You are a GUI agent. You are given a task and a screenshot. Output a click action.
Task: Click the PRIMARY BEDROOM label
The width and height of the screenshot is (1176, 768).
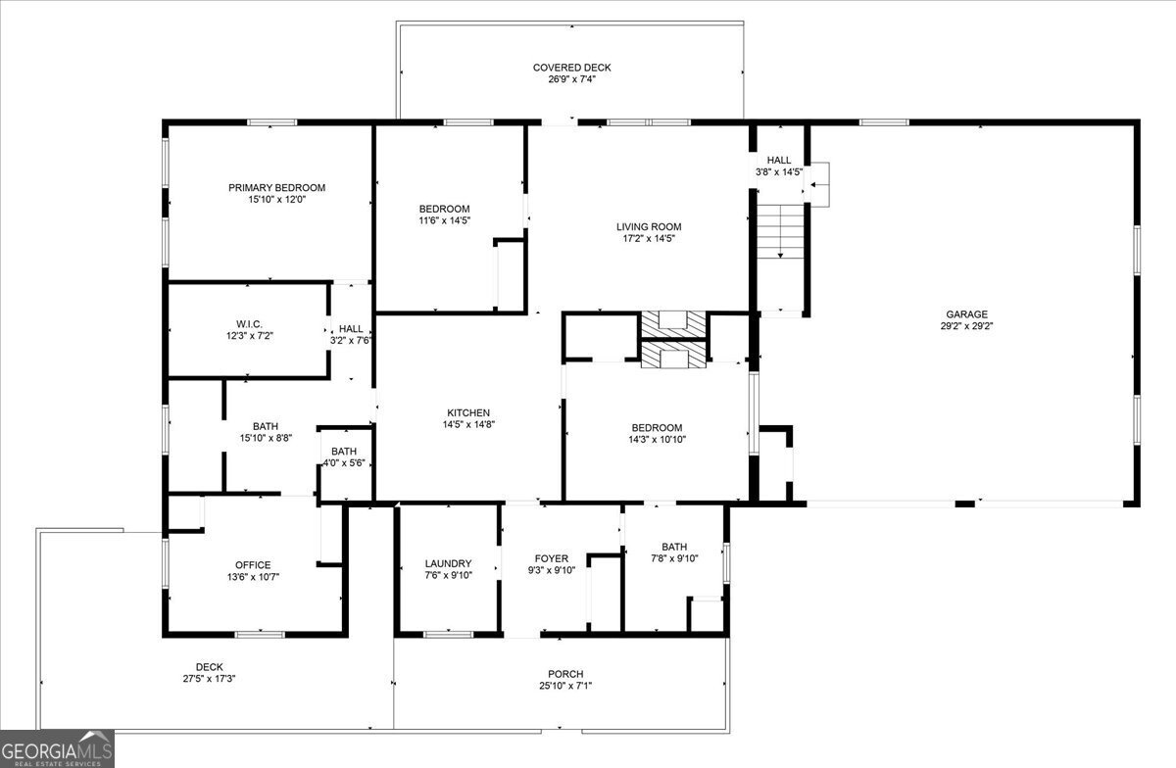pos(276,187)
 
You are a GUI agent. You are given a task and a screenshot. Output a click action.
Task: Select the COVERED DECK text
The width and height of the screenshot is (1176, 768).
pos(571,68)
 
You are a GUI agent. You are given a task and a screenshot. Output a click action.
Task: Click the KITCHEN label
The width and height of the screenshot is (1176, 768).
pos(467,412)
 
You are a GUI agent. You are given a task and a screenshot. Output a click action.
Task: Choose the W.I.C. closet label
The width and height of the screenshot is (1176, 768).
pos(248,323)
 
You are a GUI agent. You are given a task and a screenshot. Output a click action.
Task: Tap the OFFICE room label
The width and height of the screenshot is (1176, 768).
pos(253,564)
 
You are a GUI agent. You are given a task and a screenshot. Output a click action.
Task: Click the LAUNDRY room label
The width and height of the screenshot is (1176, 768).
pos(448,563)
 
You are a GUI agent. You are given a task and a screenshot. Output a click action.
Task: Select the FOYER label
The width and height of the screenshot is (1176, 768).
pos(552,558)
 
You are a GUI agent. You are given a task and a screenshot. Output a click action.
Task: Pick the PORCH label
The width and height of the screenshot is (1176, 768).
pos(565,674)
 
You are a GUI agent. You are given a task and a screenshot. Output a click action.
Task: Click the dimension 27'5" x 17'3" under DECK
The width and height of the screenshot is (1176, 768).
pos(210,678)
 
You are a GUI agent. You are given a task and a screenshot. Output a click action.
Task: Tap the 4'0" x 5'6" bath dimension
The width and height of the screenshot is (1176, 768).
pos(343,462)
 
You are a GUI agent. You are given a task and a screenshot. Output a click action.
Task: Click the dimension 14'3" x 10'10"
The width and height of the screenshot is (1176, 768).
pos(657,439)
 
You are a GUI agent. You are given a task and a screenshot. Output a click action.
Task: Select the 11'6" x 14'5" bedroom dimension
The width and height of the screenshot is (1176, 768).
pos(444,220)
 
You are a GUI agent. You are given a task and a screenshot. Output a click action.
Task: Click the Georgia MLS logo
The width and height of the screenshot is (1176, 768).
pos(57,748)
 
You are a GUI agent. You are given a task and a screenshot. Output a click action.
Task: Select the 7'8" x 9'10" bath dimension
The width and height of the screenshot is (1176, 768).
pos(673,559)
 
